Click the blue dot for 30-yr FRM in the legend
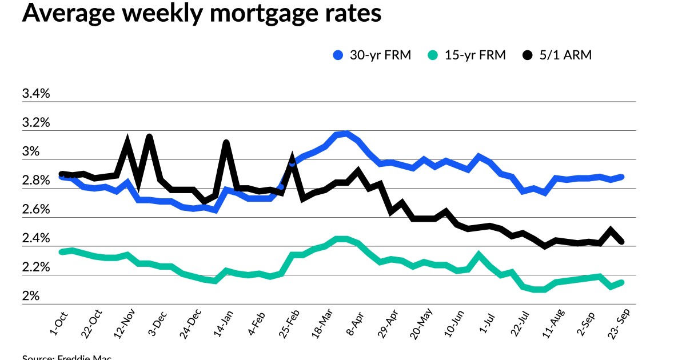[337, 55]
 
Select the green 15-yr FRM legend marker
[433, 55]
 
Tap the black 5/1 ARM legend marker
[528, 55]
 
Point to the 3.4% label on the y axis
[36, 94]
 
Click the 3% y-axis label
[30, 152]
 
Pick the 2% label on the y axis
[30, 297]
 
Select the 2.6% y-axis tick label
[36, 210]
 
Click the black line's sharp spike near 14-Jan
[226, 142]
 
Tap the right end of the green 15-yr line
[621, 282]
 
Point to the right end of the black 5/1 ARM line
[621, 242]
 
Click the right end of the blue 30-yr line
[621, 177]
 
